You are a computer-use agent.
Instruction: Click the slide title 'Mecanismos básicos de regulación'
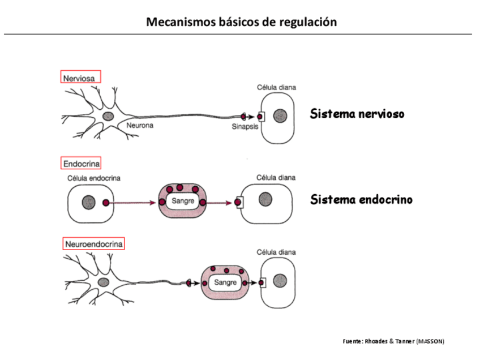241,23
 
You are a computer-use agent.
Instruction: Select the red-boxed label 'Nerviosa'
80,76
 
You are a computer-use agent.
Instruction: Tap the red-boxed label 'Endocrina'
81,164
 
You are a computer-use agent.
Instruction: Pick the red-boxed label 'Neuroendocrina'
93,244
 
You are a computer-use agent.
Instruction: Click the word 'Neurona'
140,126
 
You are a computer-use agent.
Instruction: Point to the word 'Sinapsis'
245,127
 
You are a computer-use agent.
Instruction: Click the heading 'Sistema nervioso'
357,114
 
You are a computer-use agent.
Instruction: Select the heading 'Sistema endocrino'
361,200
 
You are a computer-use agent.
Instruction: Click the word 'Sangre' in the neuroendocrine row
225,281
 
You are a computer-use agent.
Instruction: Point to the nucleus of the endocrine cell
88,202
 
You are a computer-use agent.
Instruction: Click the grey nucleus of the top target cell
278,116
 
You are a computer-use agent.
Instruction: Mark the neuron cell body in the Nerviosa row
108,116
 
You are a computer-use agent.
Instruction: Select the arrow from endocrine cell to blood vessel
132,202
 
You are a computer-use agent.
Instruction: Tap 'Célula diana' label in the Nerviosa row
276,88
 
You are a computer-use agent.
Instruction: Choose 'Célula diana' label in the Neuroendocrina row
276,252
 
